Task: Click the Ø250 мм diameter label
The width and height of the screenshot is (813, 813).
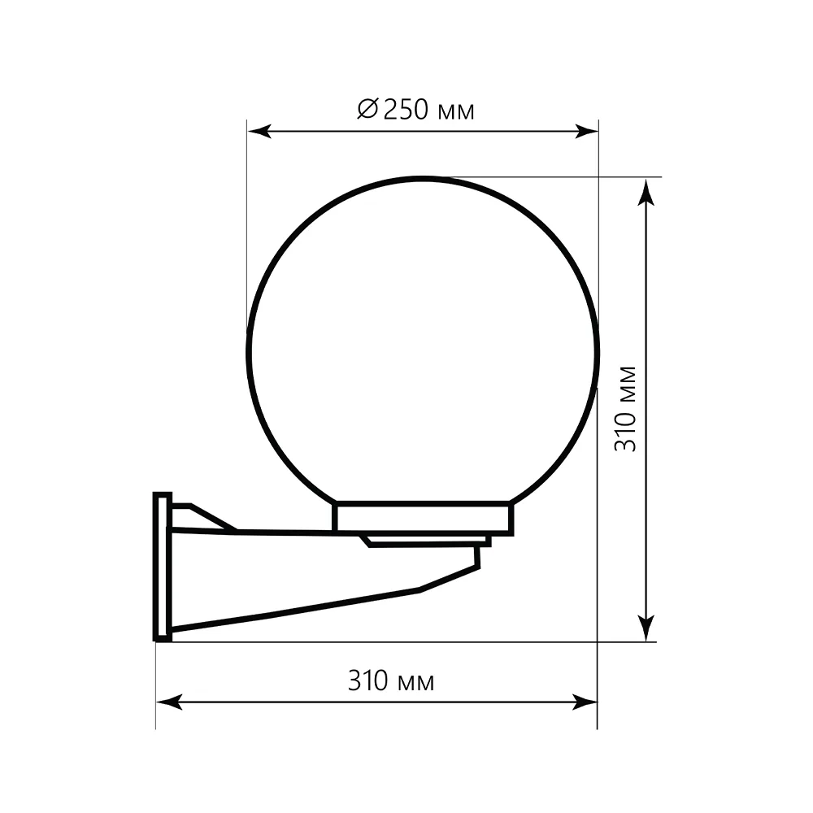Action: pos(415,110)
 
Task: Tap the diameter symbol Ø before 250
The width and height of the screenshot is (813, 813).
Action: pos(368,109)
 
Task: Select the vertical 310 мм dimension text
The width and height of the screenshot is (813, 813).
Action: pos(625,409)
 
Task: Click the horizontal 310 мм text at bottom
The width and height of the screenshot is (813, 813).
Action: pos(391,680)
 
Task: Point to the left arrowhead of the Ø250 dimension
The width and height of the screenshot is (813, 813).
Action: pos(259,131)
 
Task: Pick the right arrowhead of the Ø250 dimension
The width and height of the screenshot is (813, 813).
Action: pos(586,131)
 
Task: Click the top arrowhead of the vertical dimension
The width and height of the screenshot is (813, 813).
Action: pos(646,192)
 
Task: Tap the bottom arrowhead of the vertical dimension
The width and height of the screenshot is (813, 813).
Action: pos(646,628)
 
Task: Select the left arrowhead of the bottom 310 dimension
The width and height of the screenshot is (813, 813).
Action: pos(169,702)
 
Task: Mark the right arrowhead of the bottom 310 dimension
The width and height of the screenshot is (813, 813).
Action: pos(585,702)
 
